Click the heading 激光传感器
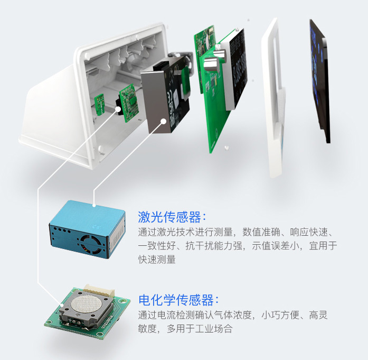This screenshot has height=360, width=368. pyautogui.click(x=169, y=217)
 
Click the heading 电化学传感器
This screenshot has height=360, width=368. pyautogui.click(x=176, y=300)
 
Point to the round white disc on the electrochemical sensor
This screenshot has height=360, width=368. pyautogui.click(x=86, y=303)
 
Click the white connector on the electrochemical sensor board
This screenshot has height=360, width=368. pyautogui.click(x=99, y=290)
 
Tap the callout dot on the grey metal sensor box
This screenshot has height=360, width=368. pyautogui.click(x=163, y=121)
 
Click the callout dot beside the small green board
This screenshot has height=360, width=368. pyautogui.click(x=118, y=109)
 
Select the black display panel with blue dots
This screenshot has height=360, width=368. pyautogui.click(x=319, y=80)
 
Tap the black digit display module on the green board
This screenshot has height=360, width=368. pyautogui.click(x=235, y=70)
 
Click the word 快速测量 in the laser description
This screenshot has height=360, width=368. pyautogui.click(x=157, y=260)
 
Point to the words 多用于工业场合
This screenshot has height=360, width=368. pyautogui.click(x=200, y=328)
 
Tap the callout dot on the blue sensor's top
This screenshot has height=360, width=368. pyautogui.click(x=94, y=206)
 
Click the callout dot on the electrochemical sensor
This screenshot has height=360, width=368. pyautogui.click(x=62, y=305)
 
